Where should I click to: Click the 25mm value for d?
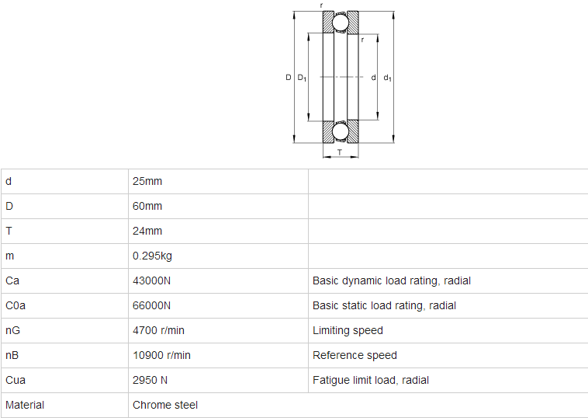click(147, 181)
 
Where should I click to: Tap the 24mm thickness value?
click(147, 231)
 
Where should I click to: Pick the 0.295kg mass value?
click(152, 256)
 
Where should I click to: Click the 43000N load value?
click(151, 281)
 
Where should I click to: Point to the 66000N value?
click(151, 305)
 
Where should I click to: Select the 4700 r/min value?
click(158, 330)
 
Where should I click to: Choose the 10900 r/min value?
click(161, 355)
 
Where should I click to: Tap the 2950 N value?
click(150, 380)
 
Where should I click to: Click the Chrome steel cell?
click(165, 405)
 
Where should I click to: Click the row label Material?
click(25, 405)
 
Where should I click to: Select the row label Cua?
click(16, 380)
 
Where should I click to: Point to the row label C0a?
click(16, 305)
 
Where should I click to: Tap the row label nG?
click(12, 330)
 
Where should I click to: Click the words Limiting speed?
click(348, 330)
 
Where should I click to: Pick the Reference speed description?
click(355, 355)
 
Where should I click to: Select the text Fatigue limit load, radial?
click(371, 380)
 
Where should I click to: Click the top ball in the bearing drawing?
click(341, 23)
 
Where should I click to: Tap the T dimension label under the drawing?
click(340, 152)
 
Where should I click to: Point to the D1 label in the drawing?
click(302, 78)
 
